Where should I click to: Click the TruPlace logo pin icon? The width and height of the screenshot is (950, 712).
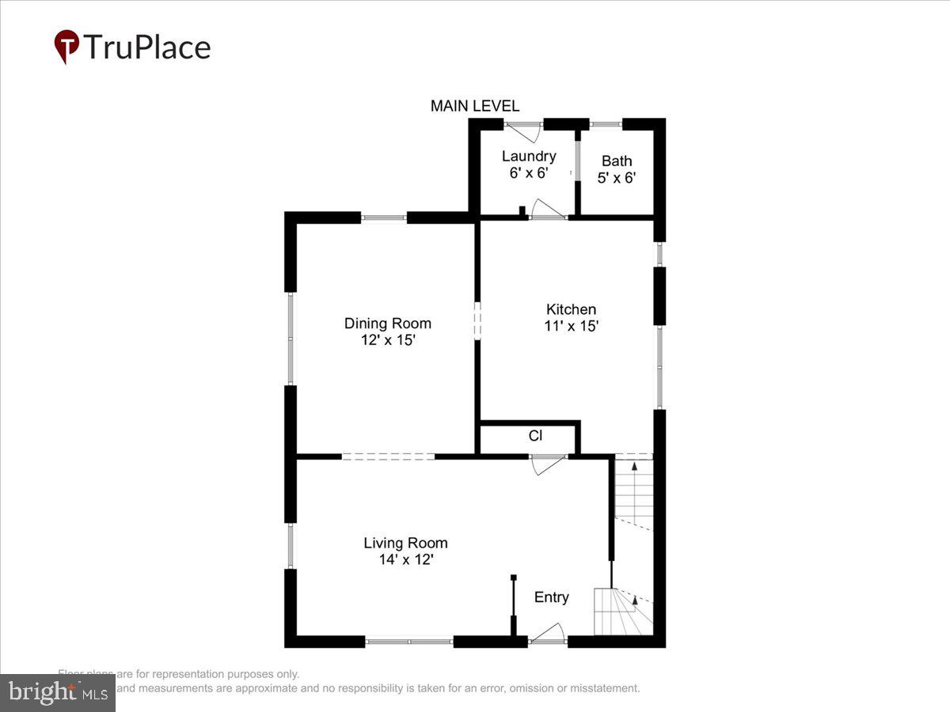66,46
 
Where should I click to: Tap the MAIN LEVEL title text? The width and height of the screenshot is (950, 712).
475,106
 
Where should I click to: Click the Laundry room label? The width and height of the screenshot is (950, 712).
529,156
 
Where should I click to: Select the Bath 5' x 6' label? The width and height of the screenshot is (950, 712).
617,169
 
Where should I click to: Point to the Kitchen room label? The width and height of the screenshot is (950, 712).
571,309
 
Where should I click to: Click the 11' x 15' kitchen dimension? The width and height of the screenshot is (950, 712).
571,326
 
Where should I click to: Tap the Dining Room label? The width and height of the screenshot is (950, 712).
387,323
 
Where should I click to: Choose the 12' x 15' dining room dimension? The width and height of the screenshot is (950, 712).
387,340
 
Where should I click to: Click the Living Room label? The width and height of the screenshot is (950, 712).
405,543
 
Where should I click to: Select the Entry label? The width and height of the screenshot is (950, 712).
551,597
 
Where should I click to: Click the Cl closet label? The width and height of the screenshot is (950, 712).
535,436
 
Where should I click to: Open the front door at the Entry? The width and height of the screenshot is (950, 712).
548,634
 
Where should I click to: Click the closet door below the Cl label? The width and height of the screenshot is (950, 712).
548,464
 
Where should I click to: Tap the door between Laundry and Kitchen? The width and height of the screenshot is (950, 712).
548,210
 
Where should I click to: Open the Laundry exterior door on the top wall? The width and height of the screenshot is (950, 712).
523,131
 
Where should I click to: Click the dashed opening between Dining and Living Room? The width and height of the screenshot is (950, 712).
388,456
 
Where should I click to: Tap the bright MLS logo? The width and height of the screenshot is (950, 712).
57,693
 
